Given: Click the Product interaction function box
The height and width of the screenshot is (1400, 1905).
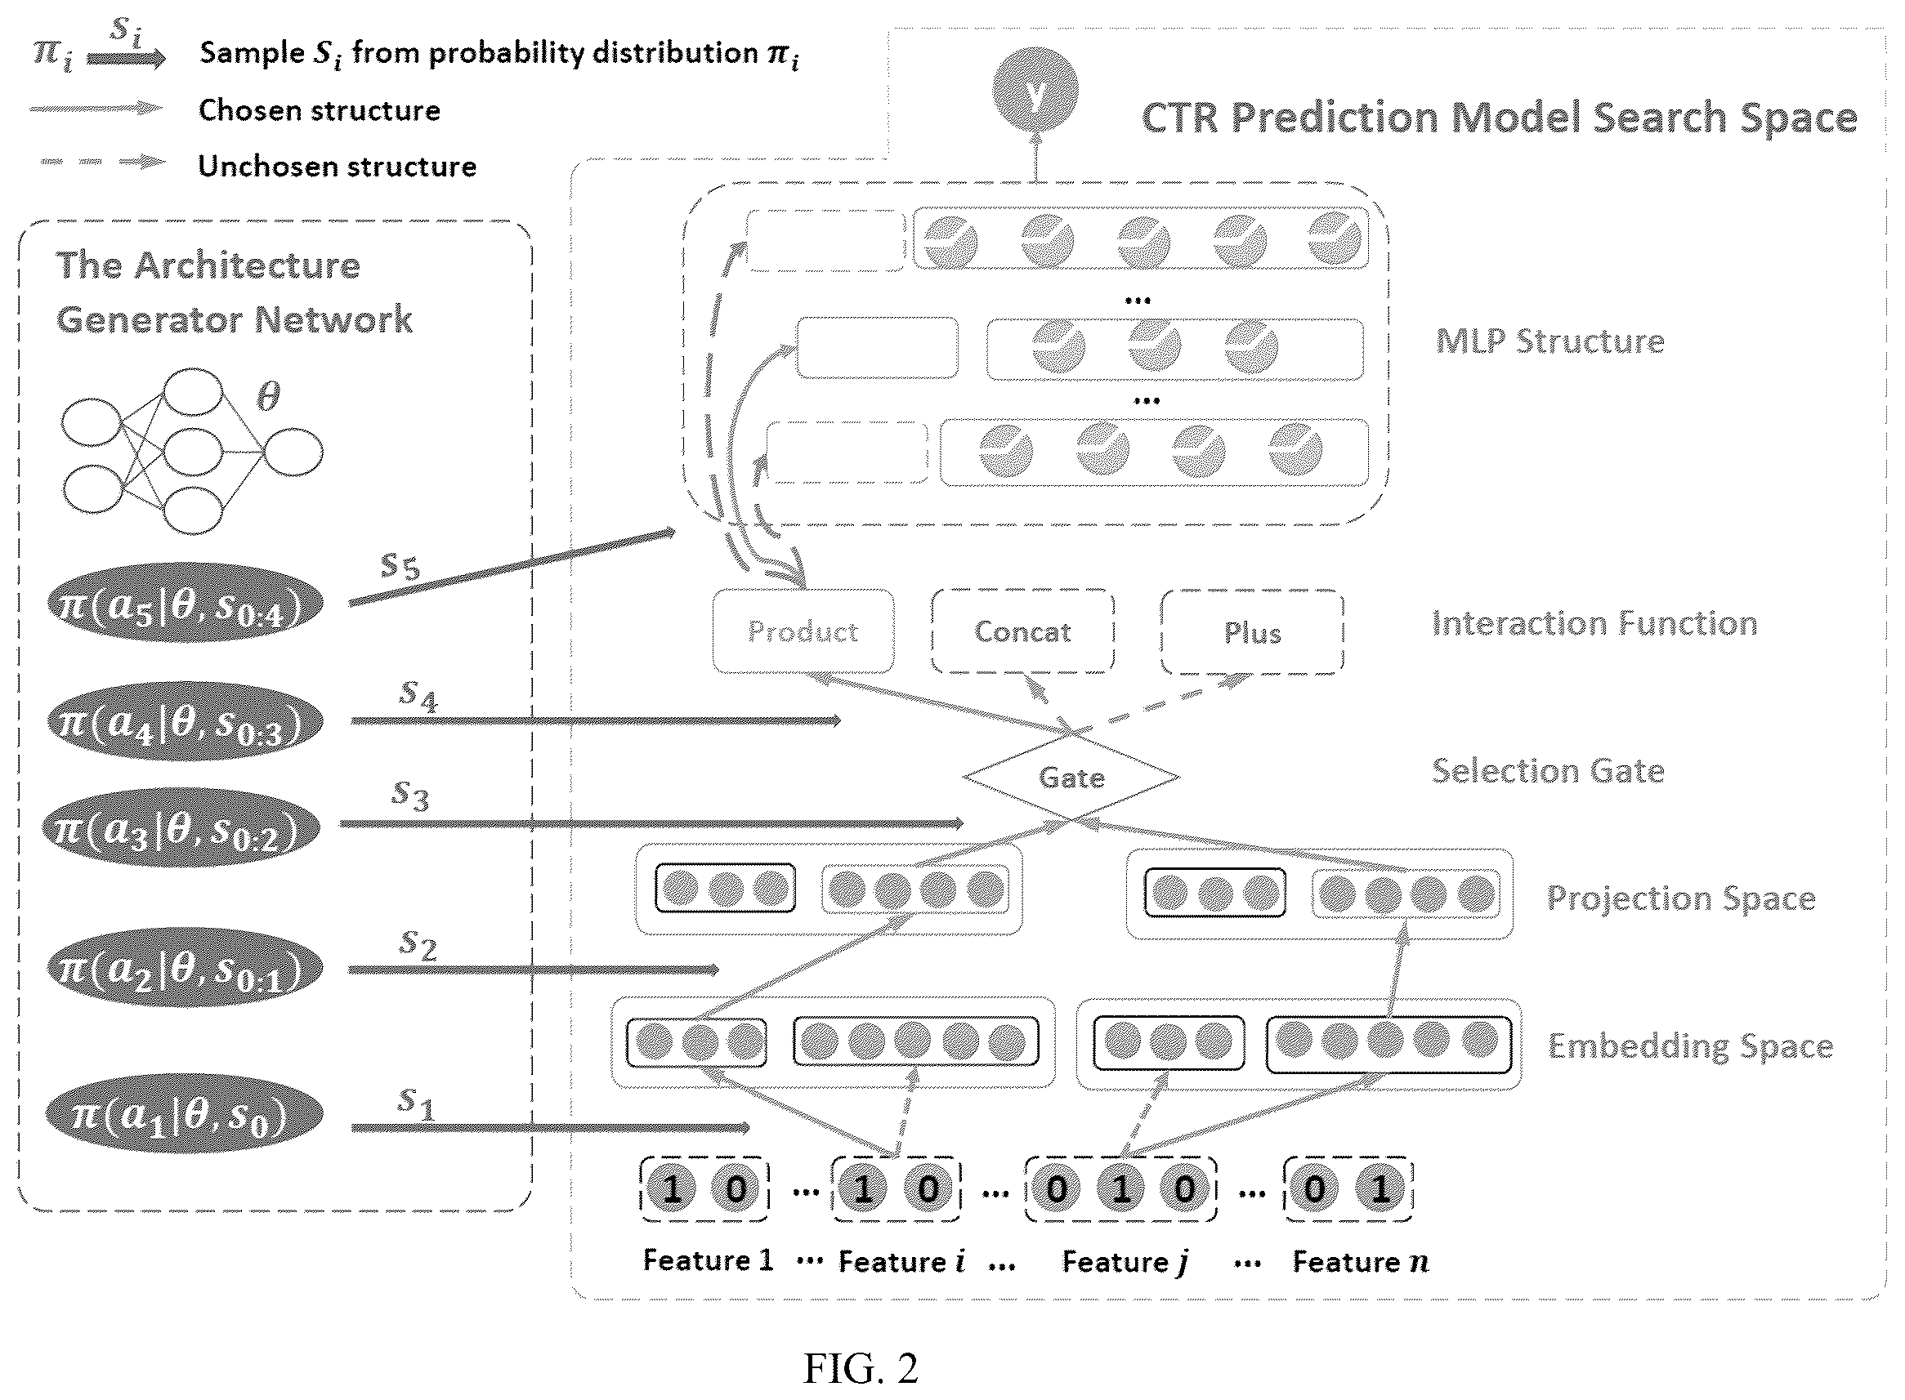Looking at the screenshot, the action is pos(803,631).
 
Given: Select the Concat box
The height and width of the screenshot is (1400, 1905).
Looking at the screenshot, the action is pos(1022,631).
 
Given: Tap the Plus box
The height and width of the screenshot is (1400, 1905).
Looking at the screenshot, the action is pos(1252,632).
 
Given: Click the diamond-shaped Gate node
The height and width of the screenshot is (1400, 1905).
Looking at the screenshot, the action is pos(1071,776).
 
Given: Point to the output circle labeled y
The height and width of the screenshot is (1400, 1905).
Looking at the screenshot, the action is pos(1035,91).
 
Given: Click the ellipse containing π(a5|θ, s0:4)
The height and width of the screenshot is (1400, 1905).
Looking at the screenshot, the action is pos(185,603).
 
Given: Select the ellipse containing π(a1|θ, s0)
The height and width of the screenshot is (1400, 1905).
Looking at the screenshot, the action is pos(184,1113).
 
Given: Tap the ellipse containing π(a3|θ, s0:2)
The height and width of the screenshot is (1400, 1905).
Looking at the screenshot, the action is pos(181,827).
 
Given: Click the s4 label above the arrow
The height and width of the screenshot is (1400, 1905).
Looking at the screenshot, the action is pos(418,696).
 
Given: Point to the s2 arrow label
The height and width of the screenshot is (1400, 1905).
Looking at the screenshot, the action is pos(418,944).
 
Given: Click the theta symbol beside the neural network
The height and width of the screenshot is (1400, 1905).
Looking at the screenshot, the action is pos(268,396).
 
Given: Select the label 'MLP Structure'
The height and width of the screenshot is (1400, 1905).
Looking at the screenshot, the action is pos(1549,341).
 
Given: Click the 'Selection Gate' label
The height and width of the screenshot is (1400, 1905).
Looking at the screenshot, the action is pos(1548,770).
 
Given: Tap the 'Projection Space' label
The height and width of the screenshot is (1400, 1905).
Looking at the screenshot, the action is pos(1680,898).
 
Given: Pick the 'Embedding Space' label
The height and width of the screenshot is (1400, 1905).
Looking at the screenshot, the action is pos(1691,1046).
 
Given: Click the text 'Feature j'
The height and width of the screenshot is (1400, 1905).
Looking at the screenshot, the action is pos(1125,1262).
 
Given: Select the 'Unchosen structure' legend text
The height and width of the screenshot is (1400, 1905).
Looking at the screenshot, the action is pos(337,166).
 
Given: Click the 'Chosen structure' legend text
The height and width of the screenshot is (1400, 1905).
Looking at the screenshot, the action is pos(319,110).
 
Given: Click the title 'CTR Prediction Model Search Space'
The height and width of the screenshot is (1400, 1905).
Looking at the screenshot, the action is pos(1499,117).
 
